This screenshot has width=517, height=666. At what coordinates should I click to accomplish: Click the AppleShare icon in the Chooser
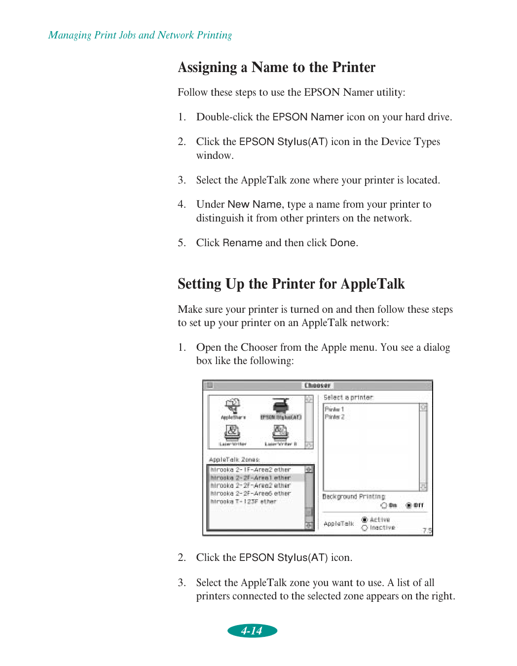232,407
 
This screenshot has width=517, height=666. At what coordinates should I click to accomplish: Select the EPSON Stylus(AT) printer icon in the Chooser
281,407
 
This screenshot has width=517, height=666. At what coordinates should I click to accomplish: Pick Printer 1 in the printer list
334,409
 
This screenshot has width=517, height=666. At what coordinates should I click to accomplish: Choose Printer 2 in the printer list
334,417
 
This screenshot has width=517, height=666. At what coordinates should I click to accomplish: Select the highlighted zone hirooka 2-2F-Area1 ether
251,478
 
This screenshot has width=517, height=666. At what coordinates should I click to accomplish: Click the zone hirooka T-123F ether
243,501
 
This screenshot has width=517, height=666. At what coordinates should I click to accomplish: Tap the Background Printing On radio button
384,505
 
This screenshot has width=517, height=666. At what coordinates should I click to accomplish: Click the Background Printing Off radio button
408,505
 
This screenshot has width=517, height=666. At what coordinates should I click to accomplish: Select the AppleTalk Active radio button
365,519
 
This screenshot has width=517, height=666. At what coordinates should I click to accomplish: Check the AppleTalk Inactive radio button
365,528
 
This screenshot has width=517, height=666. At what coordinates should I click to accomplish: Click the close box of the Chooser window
210,385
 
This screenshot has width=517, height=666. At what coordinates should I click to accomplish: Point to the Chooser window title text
317,385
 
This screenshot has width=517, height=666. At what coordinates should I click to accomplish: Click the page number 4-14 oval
252,630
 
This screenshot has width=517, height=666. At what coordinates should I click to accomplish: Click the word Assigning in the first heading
207,67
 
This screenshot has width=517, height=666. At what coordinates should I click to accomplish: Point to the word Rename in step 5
242,243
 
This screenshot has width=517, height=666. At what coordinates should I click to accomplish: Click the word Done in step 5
343,243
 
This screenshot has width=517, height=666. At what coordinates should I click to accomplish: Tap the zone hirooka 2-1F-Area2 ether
251,470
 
